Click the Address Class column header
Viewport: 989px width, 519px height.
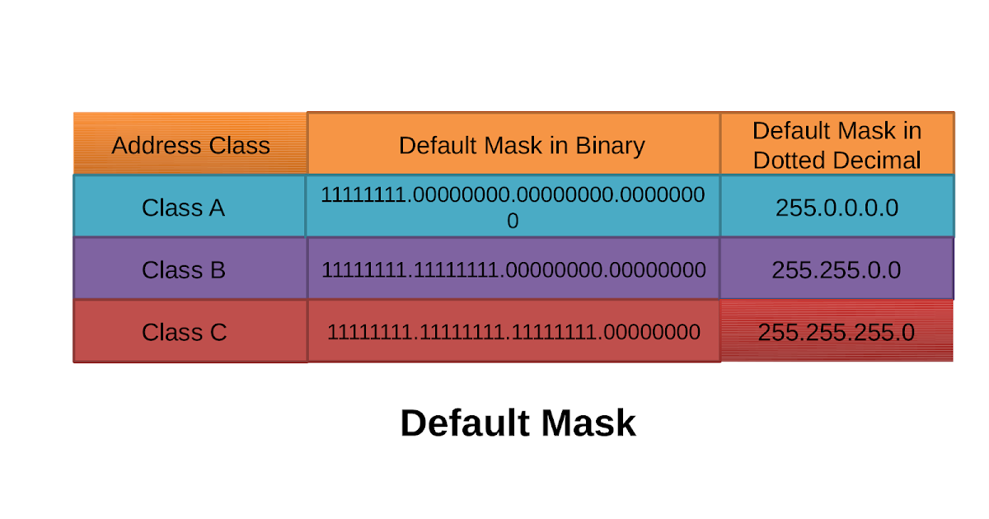tap(190, 146)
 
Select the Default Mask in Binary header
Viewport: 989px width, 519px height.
tap(521, 146)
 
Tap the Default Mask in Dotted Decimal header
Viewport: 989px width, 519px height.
tap(837, 145)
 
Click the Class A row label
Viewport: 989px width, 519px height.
tap(183, 208)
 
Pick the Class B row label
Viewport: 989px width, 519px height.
tap(183, 270)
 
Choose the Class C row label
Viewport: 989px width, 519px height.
tap(183, 333)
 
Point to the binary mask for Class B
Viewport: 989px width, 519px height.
tap(513, 270)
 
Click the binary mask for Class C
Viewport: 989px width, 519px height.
tap(513, 333)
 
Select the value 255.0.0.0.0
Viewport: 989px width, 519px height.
tap(837, 208)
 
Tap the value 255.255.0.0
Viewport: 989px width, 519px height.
tap(837, 270)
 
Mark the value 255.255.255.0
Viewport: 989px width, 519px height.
tap(837, 333)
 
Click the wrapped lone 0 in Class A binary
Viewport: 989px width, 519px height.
tap(513, 222)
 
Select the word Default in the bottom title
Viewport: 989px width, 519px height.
tap(463, 423)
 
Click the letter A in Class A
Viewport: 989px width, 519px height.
tap(216, 208)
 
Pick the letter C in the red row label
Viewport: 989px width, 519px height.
tap(217, 333)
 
